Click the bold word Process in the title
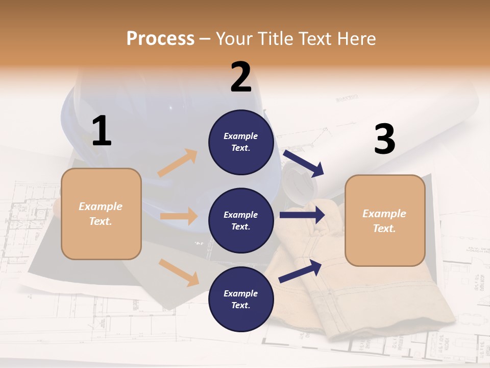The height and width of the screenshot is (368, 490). (x=160, y=38)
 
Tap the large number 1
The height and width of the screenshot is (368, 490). (x=102, y=131)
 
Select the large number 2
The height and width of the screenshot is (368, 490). (x=241, y=77)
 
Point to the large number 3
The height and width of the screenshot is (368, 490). (x=384, y=140)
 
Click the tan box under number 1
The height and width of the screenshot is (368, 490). (x=101, y=214)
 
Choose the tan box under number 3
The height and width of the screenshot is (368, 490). (x=385, y=220)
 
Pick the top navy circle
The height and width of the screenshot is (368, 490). (x=241, y=142)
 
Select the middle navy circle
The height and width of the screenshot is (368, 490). (x=241, y=220)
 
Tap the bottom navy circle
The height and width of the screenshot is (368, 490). (x=241, y=299)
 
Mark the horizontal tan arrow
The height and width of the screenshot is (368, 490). (x=179, y=216)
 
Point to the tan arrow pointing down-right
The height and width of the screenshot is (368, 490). (x=179, y=272)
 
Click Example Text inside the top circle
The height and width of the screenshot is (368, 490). (x=241, y=142)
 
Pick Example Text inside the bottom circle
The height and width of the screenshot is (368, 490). (x=241, y=299)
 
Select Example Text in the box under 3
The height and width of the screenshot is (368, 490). (x=384, y=221)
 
